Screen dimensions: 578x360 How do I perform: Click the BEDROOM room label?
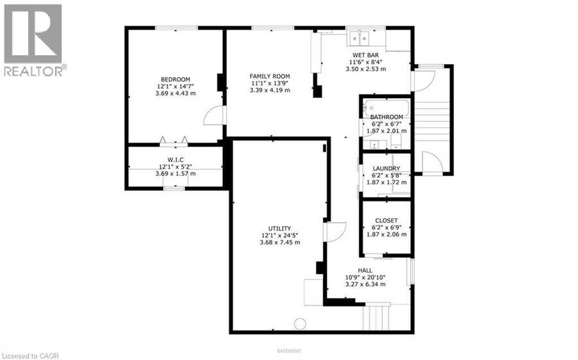175,79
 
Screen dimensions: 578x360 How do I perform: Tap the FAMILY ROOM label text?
270,76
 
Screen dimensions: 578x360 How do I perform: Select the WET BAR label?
365,55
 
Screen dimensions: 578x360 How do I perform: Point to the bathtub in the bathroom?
386,107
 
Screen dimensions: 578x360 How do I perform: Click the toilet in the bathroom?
396,141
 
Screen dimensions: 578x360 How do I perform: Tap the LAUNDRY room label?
387,168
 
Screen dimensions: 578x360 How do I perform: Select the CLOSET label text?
387,221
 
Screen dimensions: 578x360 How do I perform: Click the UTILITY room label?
279,228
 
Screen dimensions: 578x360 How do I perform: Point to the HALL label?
365,270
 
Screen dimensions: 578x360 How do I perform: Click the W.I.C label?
175,160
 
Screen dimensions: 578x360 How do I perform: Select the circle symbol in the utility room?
300,324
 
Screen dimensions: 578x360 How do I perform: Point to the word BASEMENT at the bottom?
289,351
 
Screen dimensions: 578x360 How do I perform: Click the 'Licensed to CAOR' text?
30,356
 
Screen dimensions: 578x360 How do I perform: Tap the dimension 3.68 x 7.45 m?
280,243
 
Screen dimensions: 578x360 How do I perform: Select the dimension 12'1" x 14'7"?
175,86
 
